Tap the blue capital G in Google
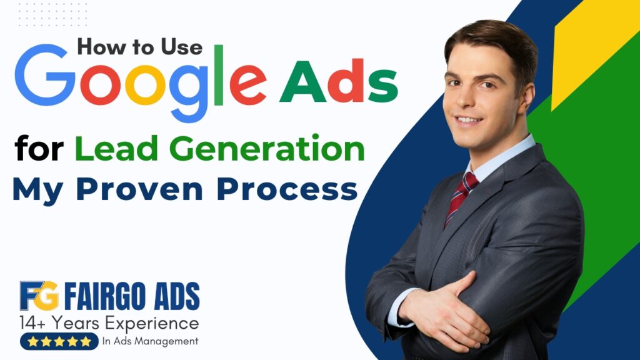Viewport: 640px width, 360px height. [45, 75]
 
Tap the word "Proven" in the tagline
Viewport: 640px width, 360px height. [139, 189]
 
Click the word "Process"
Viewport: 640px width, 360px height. [287, 190]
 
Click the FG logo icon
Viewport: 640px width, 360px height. [39, 296]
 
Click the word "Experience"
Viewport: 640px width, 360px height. [152, 324]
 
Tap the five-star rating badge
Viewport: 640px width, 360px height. [59, 341]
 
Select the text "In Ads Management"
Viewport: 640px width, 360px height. [150, 341]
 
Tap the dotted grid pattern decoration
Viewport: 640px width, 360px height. [52, 14]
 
